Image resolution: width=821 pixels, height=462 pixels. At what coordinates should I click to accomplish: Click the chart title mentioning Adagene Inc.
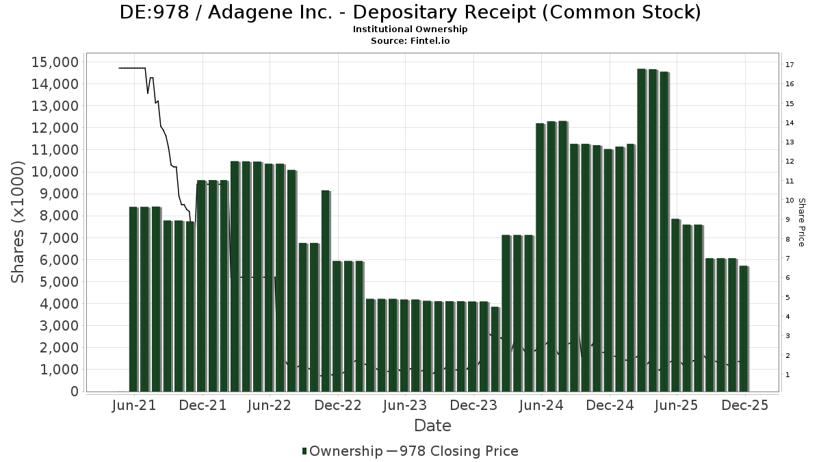click(x=410, y=12)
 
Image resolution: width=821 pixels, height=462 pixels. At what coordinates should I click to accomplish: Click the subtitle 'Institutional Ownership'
click(x=410, y=29)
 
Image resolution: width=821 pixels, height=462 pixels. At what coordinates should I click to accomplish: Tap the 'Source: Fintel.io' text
click(x=410, y=40)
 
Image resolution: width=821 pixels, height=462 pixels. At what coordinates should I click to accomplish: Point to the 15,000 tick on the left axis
click(x=55, y=62)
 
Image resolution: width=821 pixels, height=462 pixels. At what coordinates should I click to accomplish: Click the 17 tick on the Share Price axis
click(x=790, y=65)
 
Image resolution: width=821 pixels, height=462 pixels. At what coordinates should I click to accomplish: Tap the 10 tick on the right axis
click(x=790, y=201)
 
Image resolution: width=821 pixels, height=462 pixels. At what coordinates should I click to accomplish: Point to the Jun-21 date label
click(x=133, y=406)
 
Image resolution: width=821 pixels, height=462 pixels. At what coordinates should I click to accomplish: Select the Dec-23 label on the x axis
click(x=473, y=406)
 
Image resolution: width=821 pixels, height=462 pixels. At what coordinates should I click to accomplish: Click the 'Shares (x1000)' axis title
click(x=18, y=222)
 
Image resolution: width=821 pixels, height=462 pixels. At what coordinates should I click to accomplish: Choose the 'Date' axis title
click(x=432, y=426)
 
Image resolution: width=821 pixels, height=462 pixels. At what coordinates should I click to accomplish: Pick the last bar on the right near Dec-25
click(x=743, y=329)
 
